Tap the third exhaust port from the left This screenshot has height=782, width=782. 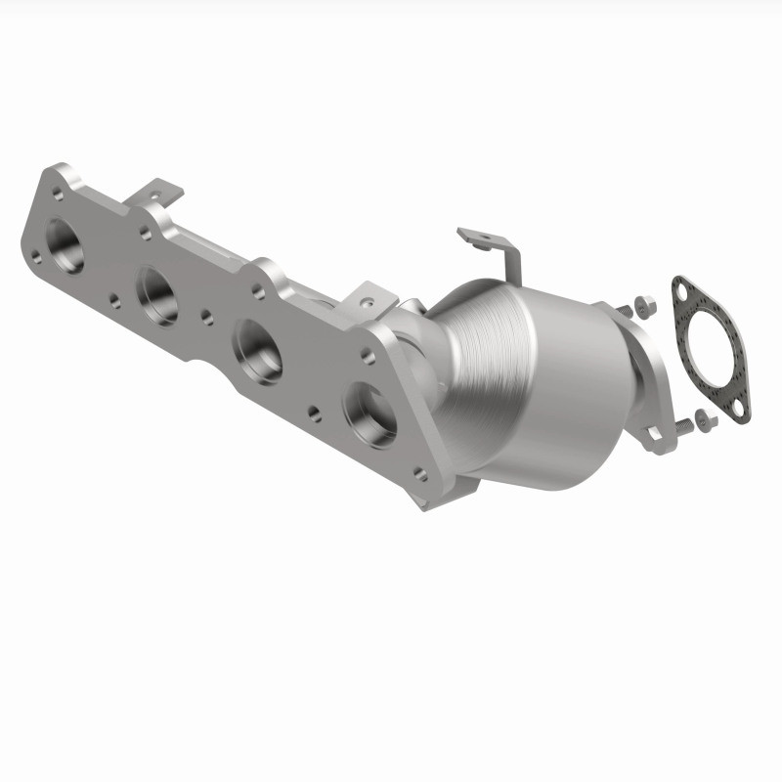258,351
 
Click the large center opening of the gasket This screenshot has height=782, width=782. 710,347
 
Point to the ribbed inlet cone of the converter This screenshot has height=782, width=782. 479,342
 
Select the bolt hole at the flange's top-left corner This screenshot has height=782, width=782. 61,180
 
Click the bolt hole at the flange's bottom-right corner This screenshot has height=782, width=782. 419,476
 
